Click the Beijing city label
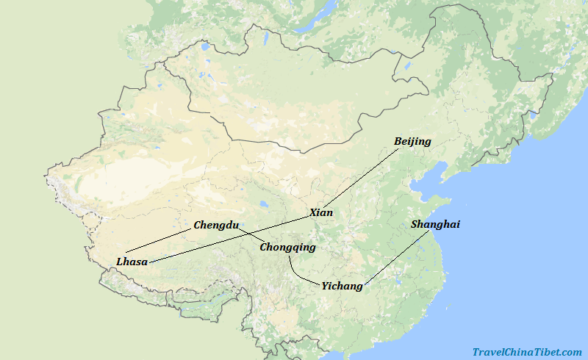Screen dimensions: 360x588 pyautogui.click(x=412, y=141)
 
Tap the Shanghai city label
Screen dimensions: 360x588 pyautogui.click(x=435, y=224)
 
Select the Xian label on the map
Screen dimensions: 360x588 pyautogui.click(x=320, y=212)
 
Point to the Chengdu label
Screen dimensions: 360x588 pyautogui.click(x=215, y=225)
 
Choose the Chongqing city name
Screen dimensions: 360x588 pyautogui.click(x=287, y=247)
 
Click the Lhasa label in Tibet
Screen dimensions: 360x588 pyautogui.click(x=132, y=262)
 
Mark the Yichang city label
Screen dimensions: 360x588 pyautogui.click(x=342, y=286)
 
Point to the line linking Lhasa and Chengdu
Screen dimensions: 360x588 pyautogui.click(x=158, y=241)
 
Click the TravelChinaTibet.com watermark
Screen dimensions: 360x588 pyautogui.click(x=526, y=353)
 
